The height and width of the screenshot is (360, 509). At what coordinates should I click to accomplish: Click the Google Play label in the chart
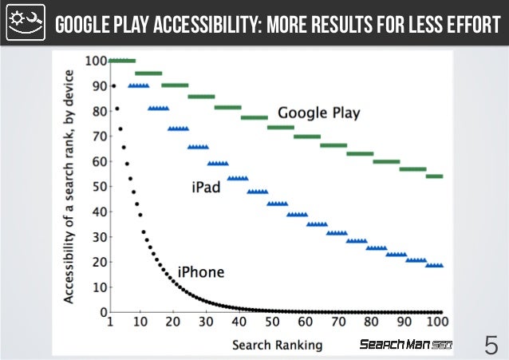coord(318,113)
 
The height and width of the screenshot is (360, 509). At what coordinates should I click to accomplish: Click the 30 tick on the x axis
coord(207,322)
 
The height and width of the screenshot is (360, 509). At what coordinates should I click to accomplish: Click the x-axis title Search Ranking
coord(277,345)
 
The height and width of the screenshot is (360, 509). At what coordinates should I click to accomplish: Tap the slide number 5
coord(490,346)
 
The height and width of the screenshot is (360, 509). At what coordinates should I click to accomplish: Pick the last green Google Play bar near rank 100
coord(434,176)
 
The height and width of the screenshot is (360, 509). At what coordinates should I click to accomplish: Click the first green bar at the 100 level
coord(122,61)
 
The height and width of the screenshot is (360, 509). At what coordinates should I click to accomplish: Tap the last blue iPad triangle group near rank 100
coord(435,265)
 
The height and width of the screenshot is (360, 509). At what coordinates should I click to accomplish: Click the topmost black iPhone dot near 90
coord(113,85)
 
